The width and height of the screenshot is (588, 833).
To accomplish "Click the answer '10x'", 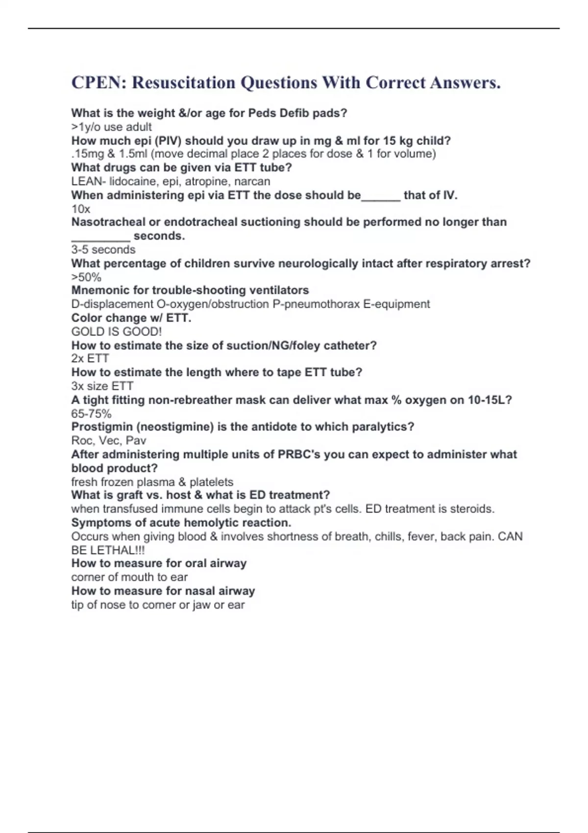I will pyautogui.click(x=81, y=209).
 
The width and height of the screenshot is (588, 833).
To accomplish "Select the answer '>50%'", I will pyautogui.click(x=86, y=277).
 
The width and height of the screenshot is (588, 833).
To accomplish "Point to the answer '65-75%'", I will pyautogui.click(x=91, y=414).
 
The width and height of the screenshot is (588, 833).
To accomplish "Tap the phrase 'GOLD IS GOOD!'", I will pyautogui.click(x=116, y=332).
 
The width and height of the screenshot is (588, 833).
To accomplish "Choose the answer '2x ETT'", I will pyautogui.click(x=90, y=359).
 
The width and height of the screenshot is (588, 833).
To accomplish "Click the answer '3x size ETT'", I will pyautogui.click(x=102, y=386).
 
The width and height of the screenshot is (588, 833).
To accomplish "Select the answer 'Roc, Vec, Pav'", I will pyautogui.click(x=108, y=441).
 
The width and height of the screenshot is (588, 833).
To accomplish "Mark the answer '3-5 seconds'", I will pyautogui.click(x=103, y=250).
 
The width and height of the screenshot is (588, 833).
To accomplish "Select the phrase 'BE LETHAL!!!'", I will pyautogui.click(x=108, y=550).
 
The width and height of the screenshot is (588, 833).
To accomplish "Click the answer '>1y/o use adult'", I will pyautogui.click(x=111, y=127).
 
